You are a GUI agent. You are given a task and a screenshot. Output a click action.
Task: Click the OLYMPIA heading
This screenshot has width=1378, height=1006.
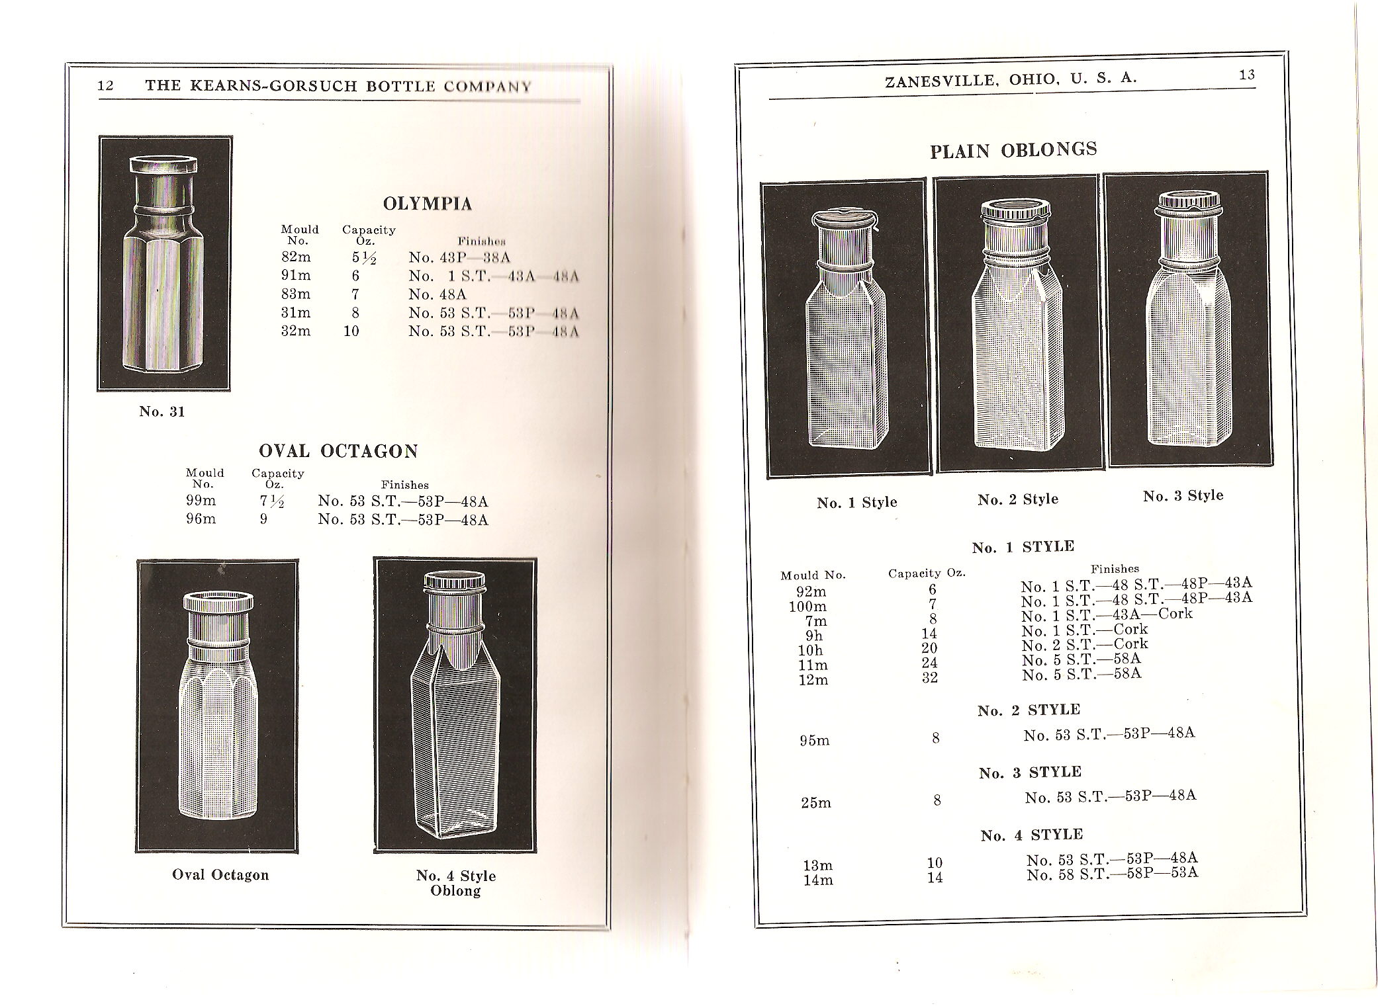(x=427, y=204)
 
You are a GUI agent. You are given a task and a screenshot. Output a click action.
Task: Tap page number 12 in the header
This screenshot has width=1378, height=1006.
(x=106, y=86)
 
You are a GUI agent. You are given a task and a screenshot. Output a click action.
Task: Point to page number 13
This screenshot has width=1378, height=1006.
(x=1247, y=75)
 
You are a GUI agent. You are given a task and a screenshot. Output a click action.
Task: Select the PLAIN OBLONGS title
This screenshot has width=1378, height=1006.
(x=1013, y=151)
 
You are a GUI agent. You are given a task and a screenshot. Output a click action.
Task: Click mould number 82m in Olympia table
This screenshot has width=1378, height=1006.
(x=296, y=257)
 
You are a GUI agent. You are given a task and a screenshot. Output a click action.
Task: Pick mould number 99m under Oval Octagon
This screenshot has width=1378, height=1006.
(x=201, y=501)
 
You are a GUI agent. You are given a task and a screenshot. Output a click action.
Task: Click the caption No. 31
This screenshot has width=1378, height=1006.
(x=161, y=411)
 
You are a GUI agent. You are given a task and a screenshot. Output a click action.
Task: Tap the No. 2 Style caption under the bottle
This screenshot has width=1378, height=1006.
(x=1018, y=500)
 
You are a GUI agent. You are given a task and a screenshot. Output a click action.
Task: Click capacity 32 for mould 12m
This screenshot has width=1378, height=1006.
(x=930, y=678)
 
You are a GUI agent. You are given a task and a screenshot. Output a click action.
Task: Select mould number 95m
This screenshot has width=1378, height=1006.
(x=814, y=740)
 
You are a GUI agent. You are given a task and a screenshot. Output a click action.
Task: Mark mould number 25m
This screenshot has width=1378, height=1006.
(x=816, y=803)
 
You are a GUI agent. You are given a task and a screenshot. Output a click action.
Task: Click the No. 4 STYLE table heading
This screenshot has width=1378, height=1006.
(x=1031, y=835)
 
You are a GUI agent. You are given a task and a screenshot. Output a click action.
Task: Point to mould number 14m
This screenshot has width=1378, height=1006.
(x=818, y=880)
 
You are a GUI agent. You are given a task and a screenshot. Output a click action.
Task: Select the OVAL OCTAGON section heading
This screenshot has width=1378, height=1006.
(x=338, y=452)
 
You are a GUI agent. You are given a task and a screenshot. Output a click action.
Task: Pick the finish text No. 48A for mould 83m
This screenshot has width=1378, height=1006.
(x=437, y=294)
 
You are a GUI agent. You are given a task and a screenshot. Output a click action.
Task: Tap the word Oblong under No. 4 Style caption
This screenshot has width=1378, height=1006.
(x=455, y=891)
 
